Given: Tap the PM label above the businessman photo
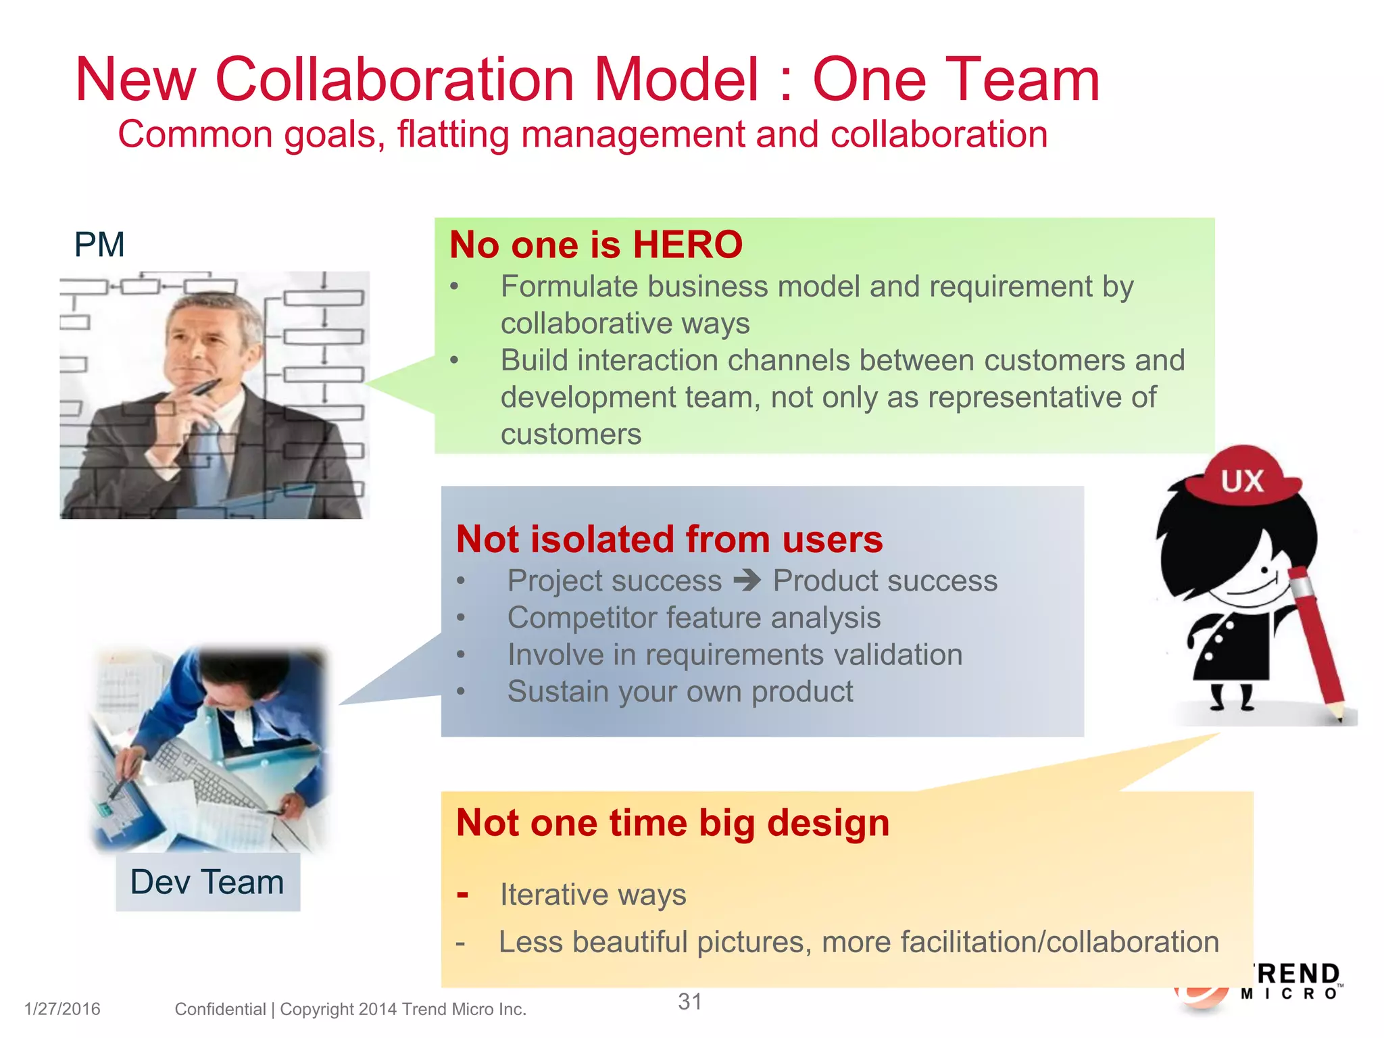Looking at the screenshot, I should [99, 245].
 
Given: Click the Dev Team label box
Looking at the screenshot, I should [207, 882].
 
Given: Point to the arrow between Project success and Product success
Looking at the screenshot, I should [747, 580].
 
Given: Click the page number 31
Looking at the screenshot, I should [690, 1002].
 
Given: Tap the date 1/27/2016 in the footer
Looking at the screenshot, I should [62, 1009].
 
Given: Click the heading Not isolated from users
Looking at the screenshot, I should [669, 539].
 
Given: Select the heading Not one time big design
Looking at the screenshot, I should [672, 823].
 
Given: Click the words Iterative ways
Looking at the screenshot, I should [593, 895].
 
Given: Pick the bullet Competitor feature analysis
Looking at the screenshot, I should [694, 618].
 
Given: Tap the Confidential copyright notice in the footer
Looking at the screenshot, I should [350, 1009].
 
